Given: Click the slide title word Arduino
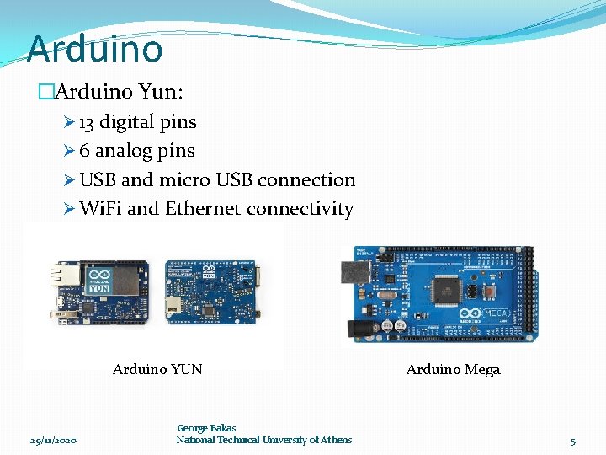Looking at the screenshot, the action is coord(94,48).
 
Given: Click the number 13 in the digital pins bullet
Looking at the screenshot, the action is coord(87,122).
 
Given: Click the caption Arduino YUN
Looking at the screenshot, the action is coord(157,369).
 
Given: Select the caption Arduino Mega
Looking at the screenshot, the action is coord(453,369).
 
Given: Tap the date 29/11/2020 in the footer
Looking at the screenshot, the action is coord(53,441).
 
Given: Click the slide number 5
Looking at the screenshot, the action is coord(572,441).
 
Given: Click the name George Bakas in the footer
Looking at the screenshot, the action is coord(206,428).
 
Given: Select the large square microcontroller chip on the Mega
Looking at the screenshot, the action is coord(446,291).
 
